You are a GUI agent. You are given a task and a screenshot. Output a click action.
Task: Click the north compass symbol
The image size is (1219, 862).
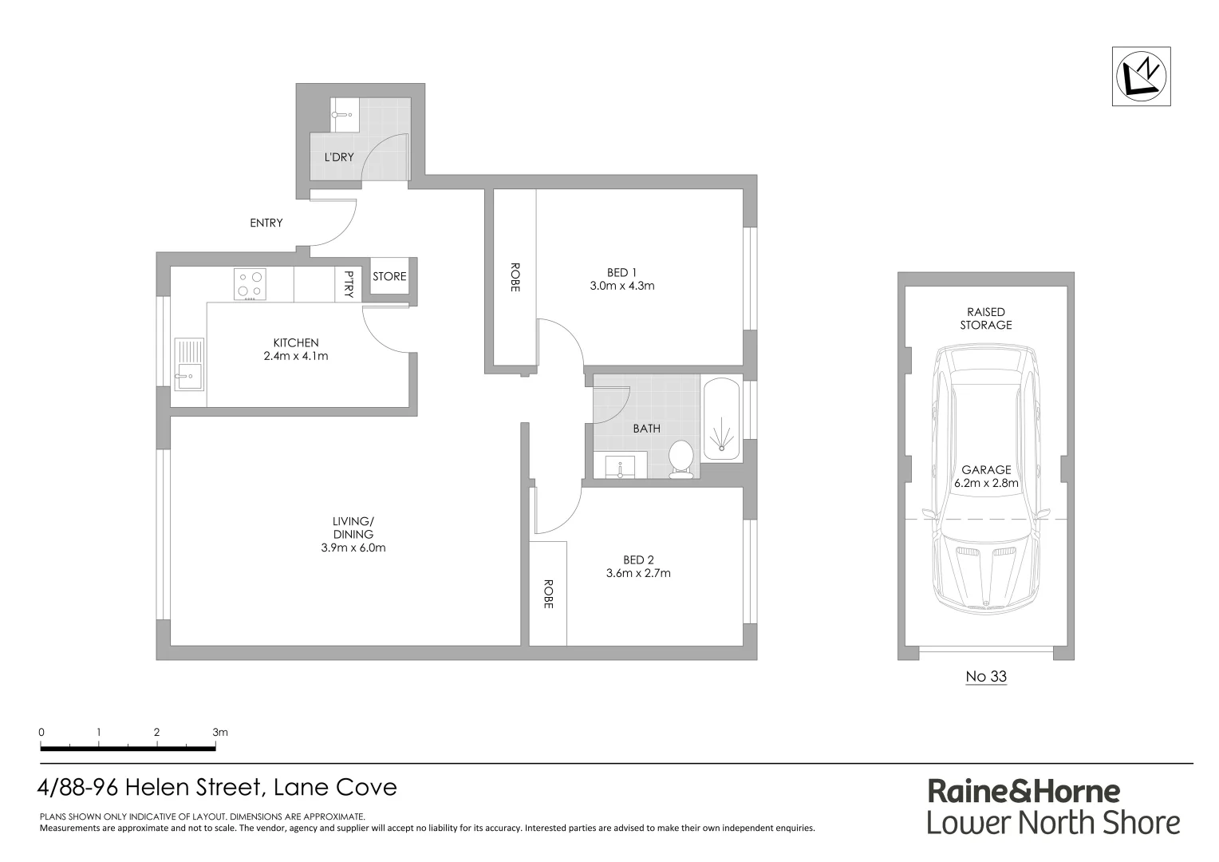[1141, 76]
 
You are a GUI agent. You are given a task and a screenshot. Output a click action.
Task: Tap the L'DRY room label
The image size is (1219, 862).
[339, 157]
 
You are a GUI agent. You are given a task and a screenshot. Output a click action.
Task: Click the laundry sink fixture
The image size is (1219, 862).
[344, 115]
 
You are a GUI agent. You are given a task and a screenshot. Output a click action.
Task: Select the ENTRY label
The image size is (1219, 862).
[266, 223]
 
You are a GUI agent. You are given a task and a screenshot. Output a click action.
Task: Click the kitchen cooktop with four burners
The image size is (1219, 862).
[250, 285]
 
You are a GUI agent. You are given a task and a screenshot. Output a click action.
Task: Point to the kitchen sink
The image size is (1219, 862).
[189, 366]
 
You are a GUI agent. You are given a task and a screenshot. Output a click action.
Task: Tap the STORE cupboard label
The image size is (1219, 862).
[389, 277]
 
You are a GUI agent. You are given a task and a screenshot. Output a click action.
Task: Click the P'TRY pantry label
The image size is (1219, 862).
[348, 285]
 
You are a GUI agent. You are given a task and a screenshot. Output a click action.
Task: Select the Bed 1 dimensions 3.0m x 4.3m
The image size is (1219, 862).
[622, 286]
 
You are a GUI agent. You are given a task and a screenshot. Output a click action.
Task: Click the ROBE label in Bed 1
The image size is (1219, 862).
[515, 277]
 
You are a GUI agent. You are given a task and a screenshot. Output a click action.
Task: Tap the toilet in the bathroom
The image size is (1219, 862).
[681, 459]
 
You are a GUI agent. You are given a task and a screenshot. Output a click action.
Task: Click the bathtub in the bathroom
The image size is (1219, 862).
[721, 417]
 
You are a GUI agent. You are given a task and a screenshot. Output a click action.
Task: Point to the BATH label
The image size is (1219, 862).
[646, 429]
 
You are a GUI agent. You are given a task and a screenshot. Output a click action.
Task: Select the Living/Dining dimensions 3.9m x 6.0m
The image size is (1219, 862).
[353, 548]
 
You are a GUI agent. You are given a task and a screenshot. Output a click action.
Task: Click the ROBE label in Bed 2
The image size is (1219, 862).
[548, 595]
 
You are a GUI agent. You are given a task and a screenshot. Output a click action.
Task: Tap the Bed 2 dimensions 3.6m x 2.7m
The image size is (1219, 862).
[638, 573]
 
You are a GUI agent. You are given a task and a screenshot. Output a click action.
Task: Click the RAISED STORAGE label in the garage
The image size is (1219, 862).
[985, 318]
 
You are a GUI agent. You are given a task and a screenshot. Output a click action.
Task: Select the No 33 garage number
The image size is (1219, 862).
[986, 677]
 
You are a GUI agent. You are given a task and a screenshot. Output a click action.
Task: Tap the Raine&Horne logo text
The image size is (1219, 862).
[1024, 791]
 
